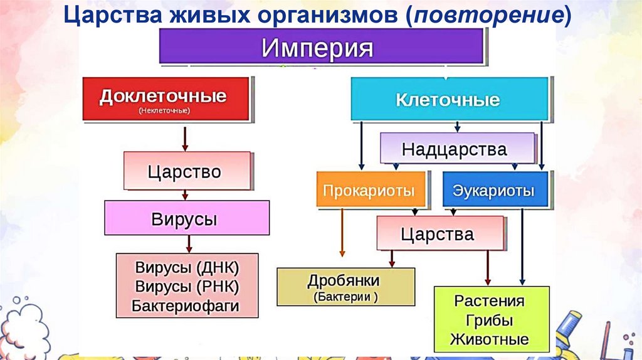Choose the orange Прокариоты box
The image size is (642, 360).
(x=369, y=190)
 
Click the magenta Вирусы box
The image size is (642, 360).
(x=186, y=220)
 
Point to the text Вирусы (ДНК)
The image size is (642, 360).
(x=187, y=268)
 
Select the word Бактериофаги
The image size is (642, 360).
(x=186, y=306)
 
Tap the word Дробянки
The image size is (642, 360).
(x=344, y=280)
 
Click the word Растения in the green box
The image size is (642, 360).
(x=489, y=300)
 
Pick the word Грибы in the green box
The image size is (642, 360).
(x=489, y=320)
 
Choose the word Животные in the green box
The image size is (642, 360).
(x=489, y=340)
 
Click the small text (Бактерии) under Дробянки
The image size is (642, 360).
(x=344, y=296)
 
